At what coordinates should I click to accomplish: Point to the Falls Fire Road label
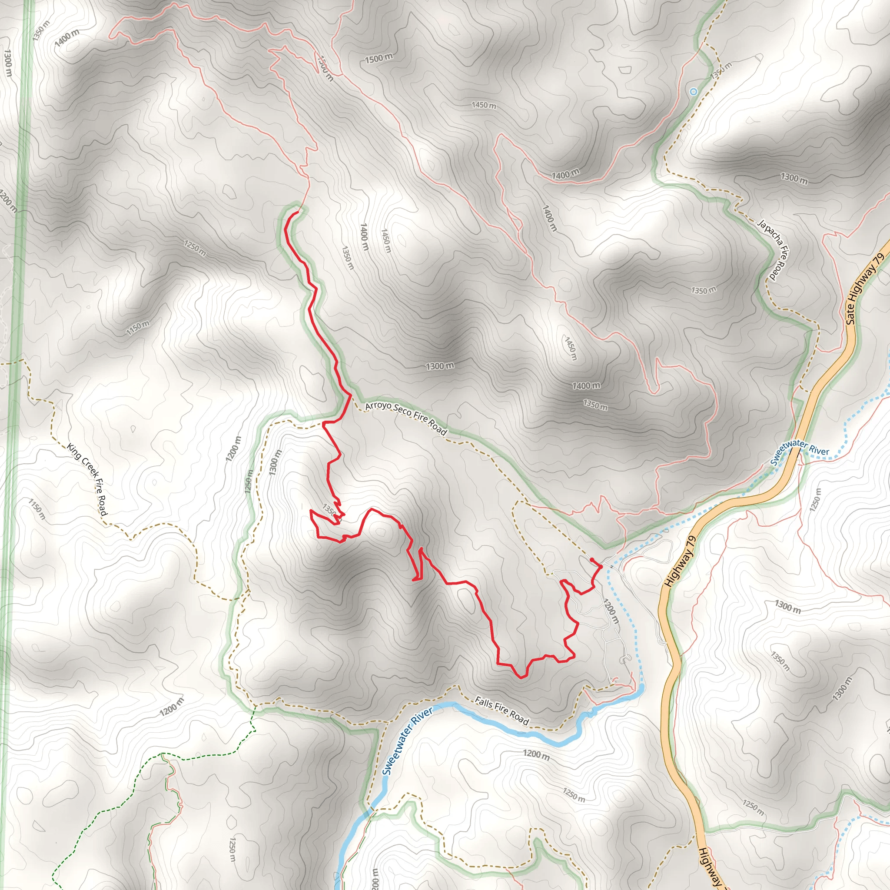pyautogui.click(x=501, y=711)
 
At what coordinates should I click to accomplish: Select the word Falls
pyautogui.click(x=484, y=703)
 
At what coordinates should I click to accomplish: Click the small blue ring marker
pyautogui.click(x=693, y=92)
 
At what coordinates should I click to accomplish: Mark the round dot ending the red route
pyautogui.click(x=591, y=560)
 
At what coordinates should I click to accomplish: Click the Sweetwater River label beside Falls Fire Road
pyautogui.click(x=407, y=741)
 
